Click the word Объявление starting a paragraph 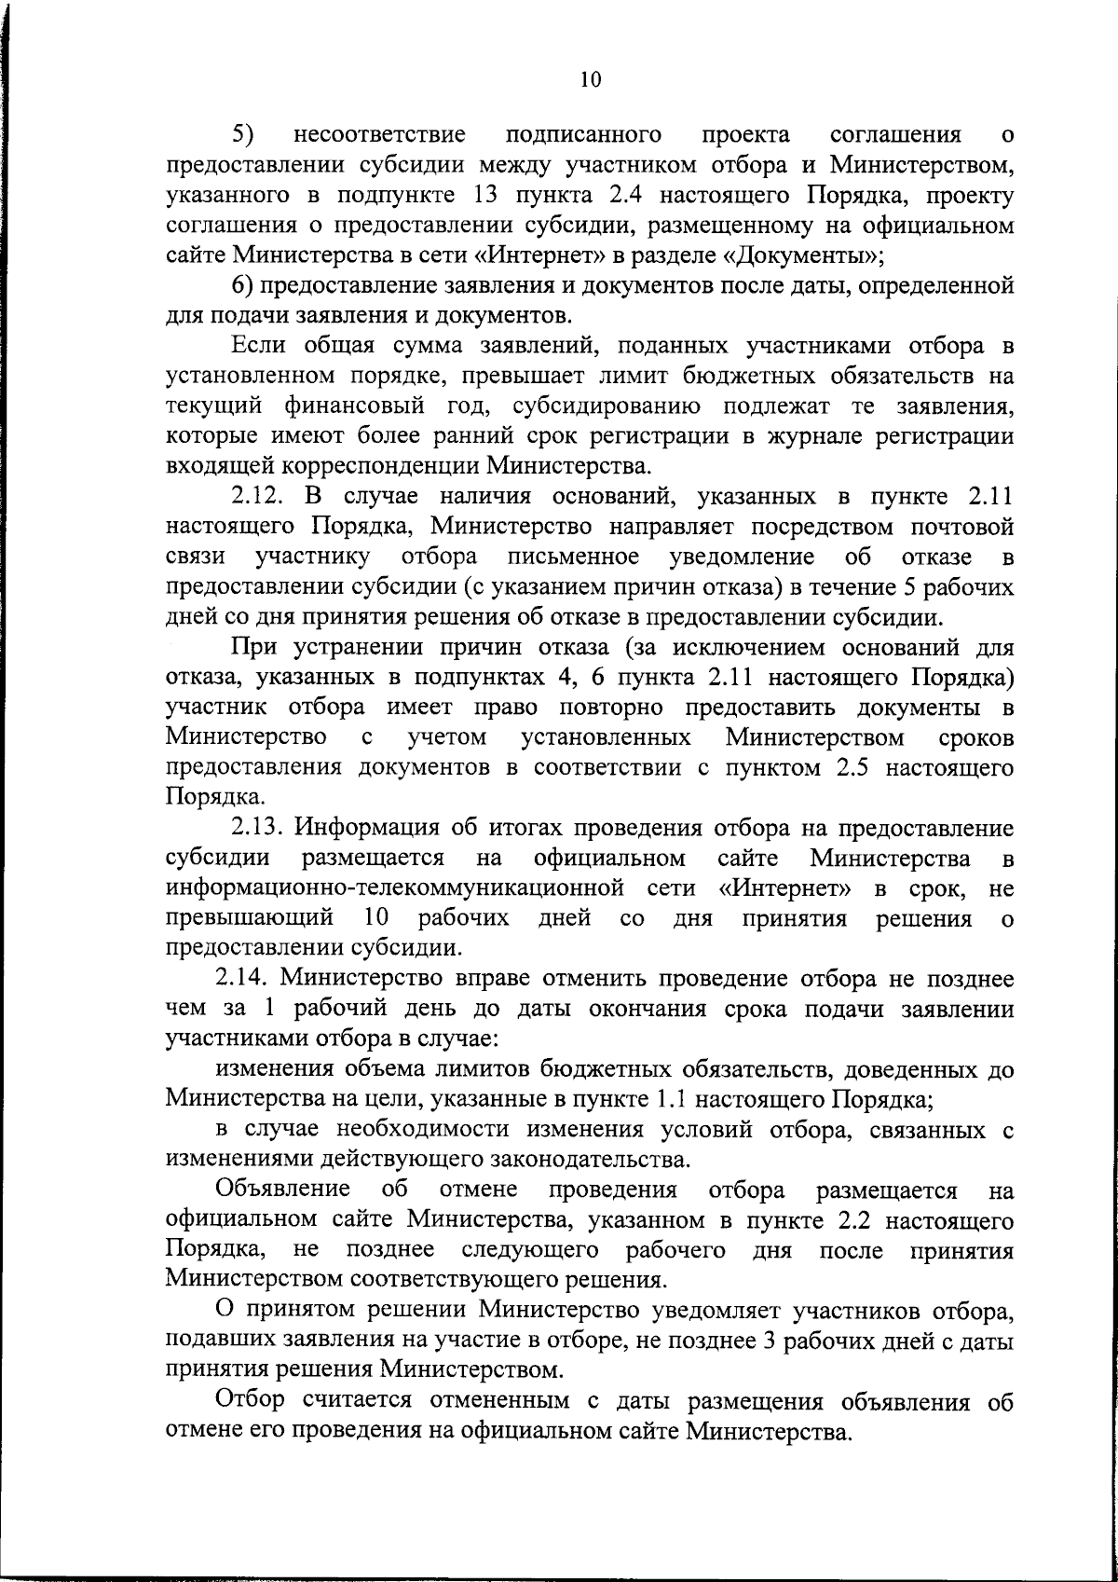click(x=283, y=1190)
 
